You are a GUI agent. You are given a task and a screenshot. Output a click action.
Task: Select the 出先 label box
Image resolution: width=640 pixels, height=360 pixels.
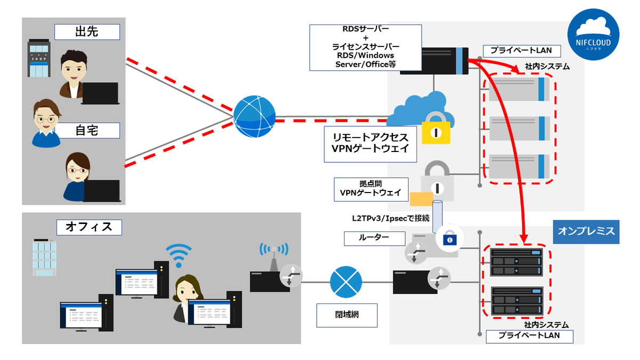pos(87,32)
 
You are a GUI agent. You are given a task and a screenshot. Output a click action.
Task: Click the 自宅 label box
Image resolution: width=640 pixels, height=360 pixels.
pos(87,130)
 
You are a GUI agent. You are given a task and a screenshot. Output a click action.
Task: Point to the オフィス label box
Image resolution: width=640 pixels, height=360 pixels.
pos(89,227)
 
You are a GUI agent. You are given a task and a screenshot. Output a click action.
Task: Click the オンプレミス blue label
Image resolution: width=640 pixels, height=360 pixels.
pos(586,231)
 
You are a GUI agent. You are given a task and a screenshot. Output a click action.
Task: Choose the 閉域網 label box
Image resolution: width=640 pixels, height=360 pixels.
pos(347,315)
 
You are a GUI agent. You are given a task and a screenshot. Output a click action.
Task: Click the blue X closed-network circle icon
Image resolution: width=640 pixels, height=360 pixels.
pos(346,281)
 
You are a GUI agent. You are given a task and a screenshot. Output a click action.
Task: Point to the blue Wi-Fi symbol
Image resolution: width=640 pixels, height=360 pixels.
pos(178,255)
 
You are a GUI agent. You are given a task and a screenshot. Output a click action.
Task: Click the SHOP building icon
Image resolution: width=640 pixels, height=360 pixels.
pos(39,58)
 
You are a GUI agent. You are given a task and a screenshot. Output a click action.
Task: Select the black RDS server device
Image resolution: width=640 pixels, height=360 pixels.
pos(434,60)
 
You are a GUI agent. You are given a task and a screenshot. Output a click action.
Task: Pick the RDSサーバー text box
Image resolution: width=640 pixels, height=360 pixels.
pos(365,47)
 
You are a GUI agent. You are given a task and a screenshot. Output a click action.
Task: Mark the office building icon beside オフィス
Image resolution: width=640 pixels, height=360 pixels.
pos(44,257)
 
